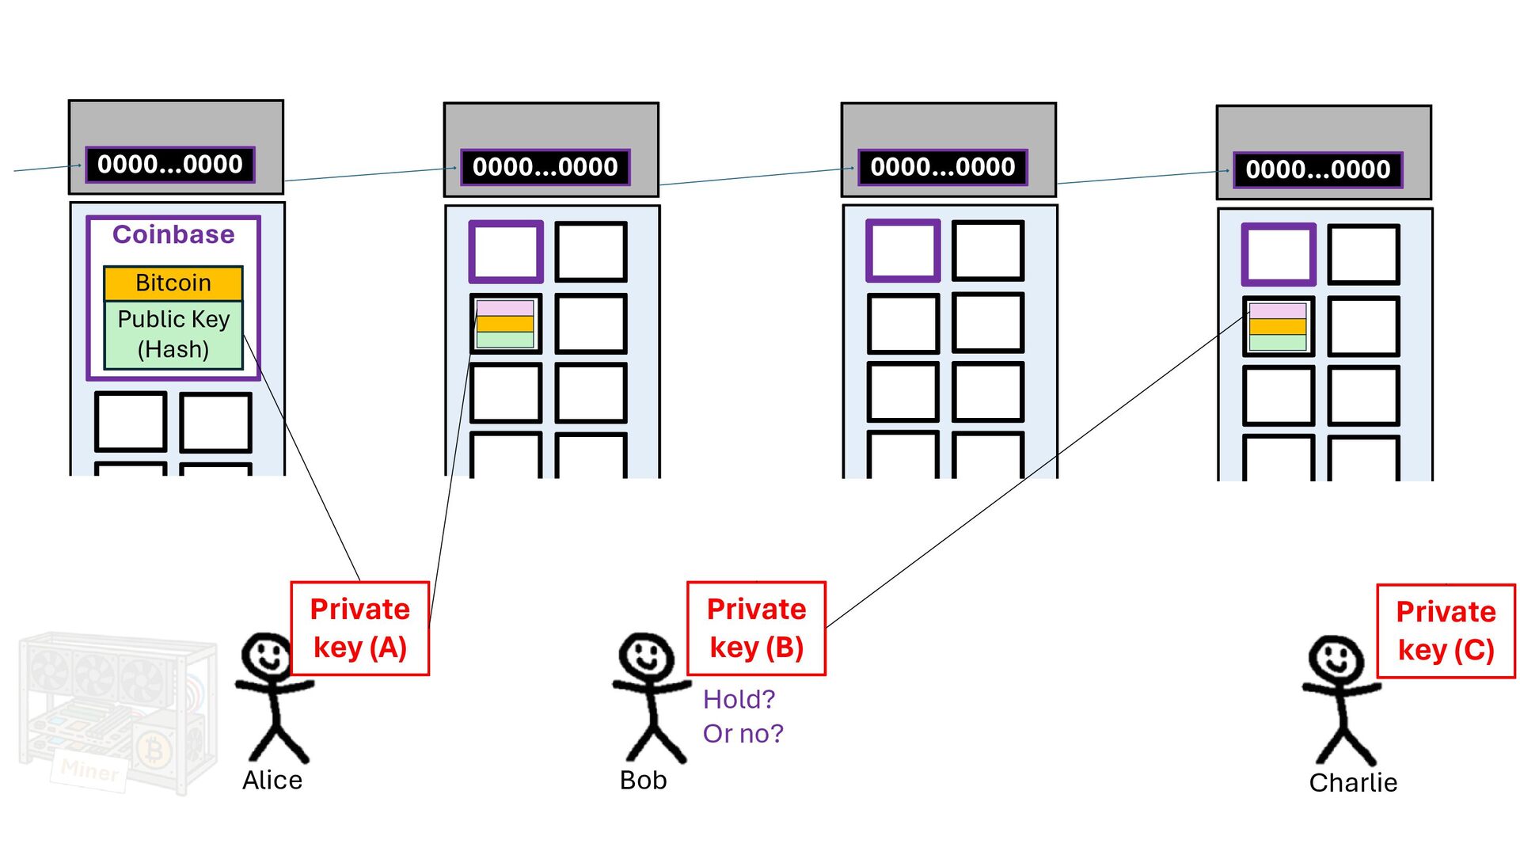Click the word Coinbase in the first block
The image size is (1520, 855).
tap(173, 234)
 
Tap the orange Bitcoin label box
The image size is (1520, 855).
tap(173, 283)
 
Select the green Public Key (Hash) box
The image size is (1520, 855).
tap(173, 334)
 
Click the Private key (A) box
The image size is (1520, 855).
tap(359, 629)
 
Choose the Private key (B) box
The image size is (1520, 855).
tap(756, 629)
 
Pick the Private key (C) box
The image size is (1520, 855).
tap(1446, 631)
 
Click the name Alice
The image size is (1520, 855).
tap(272, 781)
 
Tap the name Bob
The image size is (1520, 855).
tap(643, 781)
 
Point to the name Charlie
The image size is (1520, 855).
tap(1353, 783)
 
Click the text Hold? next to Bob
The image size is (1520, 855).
tap(739, 699)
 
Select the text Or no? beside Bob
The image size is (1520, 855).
tap(743, 734)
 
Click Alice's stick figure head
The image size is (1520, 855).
tap(267, 655)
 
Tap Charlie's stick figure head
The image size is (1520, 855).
tap(1336, 659)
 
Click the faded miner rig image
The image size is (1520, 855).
tap(117, 712)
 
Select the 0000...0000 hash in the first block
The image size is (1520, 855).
tap(170, 165)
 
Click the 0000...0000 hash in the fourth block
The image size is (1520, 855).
tap(1318, 169)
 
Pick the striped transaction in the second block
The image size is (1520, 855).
tap(505, 324)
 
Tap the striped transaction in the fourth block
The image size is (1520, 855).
tap(1278, 326)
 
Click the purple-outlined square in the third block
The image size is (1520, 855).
tap(903, 251)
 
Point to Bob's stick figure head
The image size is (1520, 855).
tap(646, 655)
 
